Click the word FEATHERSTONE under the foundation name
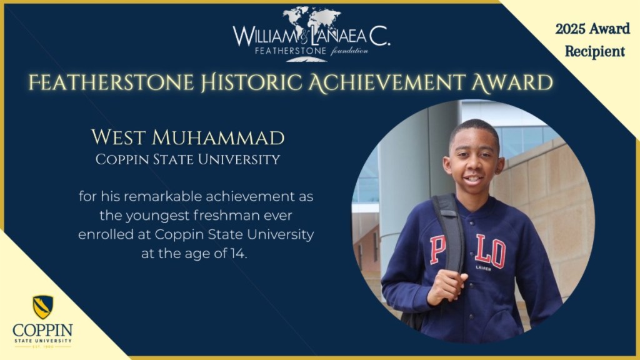(x=285, y=50)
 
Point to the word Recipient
(x=595, y=51)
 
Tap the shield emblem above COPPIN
(x=42, y=306)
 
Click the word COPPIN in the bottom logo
(x=42, y=329)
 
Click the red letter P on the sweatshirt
(x=437, y=249)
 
